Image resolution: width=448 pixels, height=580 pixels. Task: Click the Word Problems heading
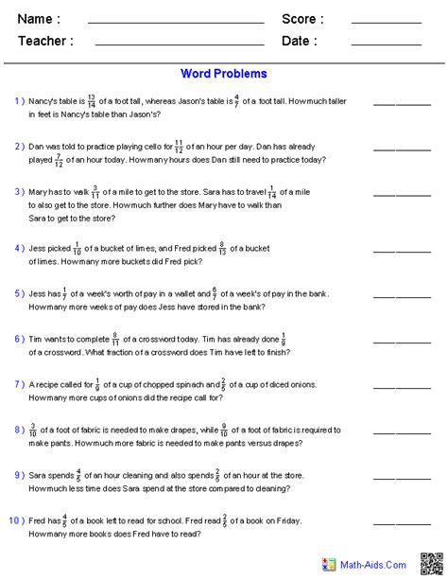click(224, 74)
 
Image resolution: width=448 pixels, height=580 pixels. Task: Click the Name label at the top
click(39, 19)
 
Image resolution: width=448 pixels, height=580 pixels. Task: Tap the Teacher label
click(44, 42)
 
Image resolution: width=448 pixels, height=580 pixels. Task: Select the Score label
click(302, 19)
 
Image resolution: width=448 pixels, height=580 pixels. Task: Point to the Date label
click(299, 42)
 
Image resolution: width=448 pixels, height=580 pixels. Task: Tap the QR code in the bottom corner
click(432, 564)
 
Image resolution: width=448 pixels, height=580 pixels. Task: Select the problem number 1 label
click(19, 100)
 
